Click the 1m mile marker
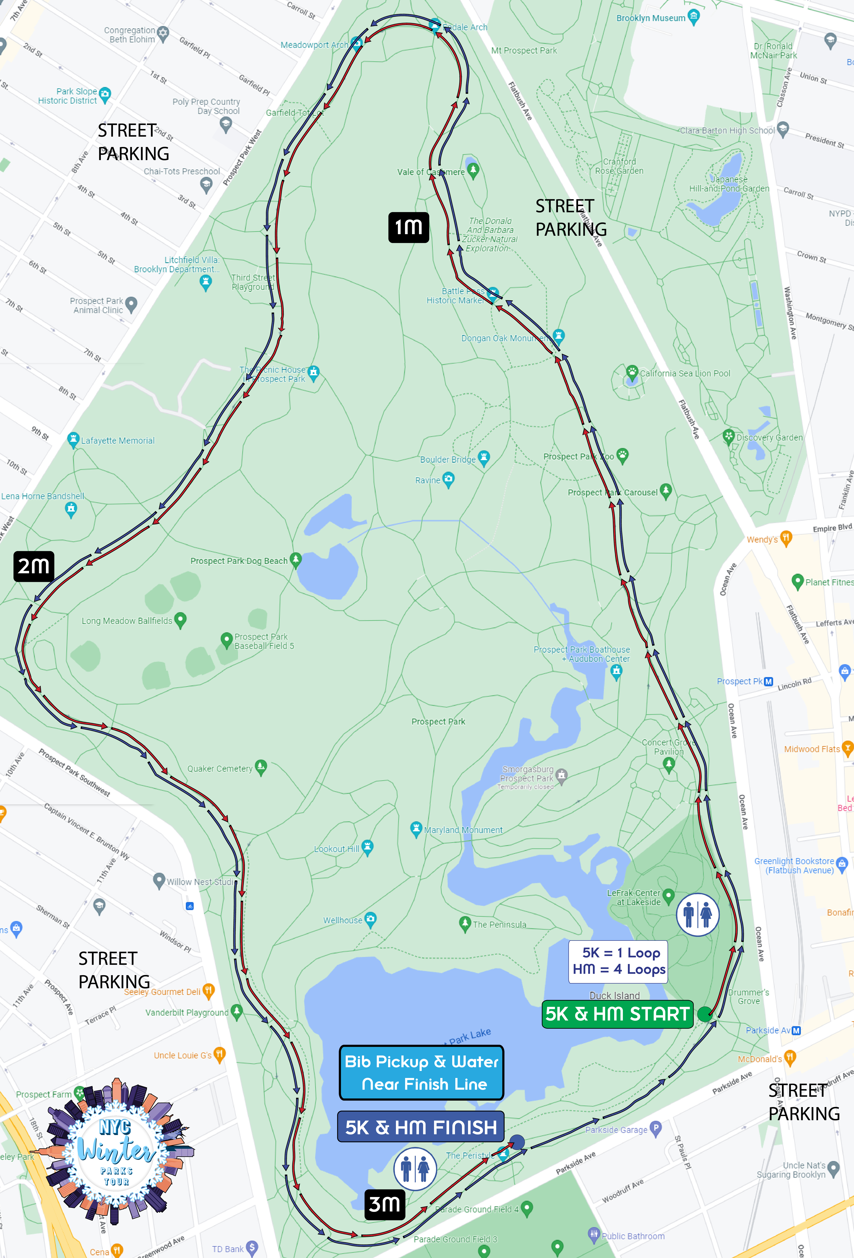[409, 227]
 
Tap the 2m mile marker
[34, 566]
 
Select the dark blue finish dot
[517, 1142]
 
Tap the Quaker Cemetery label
[220, 769]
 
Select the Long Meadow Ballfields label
[127, 621]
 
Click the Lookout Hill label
[337, 849]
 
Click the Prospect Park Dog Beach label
[239, 561]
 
